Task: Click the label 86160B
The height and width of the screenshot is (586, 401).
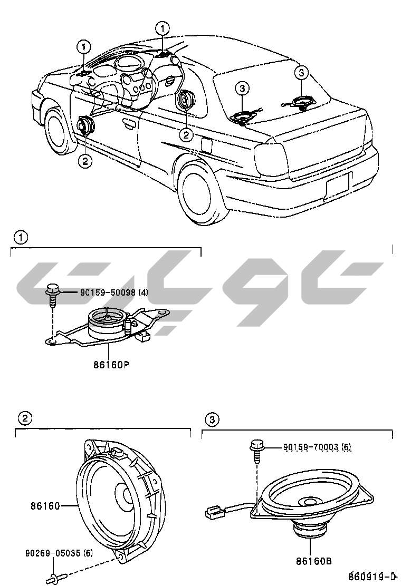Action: tap(314, 562)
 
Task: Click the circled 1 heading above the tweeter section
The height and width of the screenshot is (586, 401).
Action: tap(21, 238)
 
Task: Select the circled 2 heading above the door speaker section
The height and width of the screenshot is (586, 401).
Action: tap(24, 419)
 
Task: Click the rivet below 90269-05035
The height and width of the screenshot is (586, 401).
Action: tap(55, 578)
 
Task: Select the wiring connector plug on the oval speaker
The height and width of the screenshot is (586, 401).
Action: tap(213, 511)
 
